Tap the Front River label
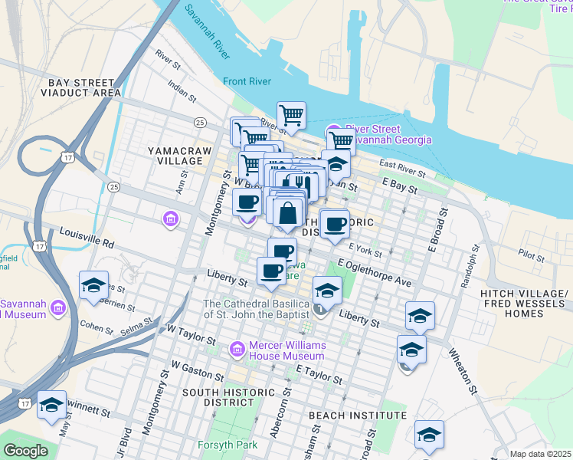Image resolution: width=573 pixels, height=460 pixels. tap(247, 81)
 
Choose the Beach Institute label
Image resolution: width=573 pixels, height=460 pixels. tap(357, 416)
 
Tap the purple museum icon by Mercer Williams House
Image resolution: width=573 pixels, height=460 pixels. tap(237, 350)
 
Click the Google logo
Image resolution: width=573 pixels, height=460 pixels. tap(25, 451)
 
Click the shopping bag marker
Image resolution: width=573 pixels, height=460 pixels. tap(287, 213)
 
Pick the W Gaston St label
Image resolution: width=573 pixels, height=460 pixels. tap(198, 371)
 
